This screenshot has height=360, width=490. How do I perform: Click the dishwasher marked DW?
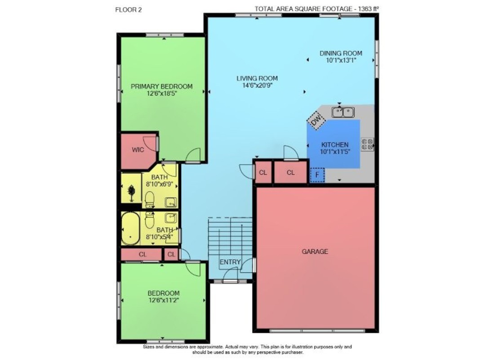(316, 119)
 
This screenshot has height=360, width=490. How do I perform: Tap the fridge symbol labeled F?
(317, 175)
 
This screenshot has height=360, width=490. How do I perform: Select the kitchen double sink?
(343, 112)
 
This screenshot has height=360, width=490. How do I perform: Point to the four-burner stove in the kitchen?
(368, 144)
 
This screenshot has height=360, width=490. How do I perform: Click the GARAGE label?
(315, 252)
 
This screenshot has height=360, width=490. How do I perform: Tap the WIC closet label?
(138, 150)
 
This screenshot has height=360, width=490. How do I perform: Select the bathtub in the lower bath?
(130, 229)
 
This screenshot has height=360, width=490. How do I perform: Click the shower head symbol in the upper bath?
(132, 193)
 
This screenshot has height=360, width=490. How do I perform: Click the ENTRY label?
(230, 262)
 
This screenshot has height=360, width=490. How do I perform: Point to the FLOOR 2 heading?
(129, 10)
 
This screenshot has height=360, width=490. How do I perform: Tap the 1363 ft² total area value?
(368, 9)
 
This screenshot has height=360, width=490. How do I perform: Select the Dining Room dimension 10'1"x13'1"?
(341, 60)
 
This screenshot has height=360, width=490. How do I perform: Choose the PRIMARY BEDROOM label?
(161, 86)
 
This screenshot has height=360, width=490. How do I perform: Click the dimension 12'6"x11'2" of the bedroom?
(164, 300)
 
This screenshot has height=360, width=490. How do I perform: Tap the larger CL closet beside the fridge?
(290, 172)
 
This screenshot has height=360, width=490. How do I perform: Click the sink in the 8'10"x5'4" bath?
(171, 218)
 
